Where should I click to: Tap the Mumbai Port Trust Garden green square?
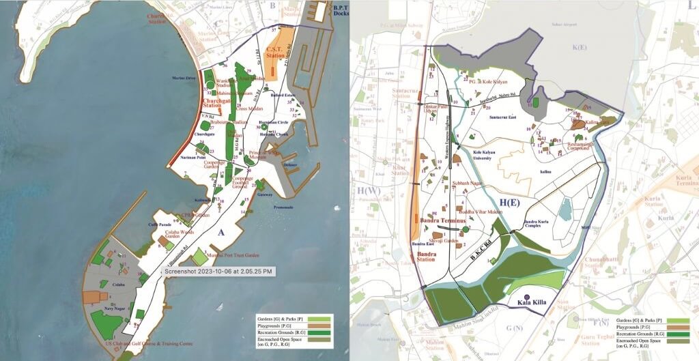(199, 257)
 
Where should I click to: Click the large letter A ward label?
(221, 233)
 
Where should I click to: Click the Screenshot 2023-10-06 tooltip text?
(218, 271)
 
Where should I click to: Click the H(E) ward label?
(509, 202)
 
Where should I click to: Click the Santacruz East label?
(504, 117)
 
